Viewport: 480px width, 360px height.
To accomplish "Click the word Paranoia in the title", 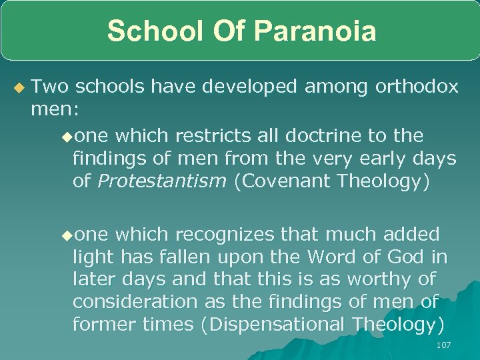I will click(316, 31).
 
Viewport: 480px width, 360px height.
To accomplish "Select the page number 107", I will click(443, 345).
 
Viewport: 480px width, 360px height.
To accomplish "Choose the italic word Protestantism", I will click(162, 182).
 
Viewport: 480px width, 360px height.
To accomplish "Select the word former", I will click(101, 325).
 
